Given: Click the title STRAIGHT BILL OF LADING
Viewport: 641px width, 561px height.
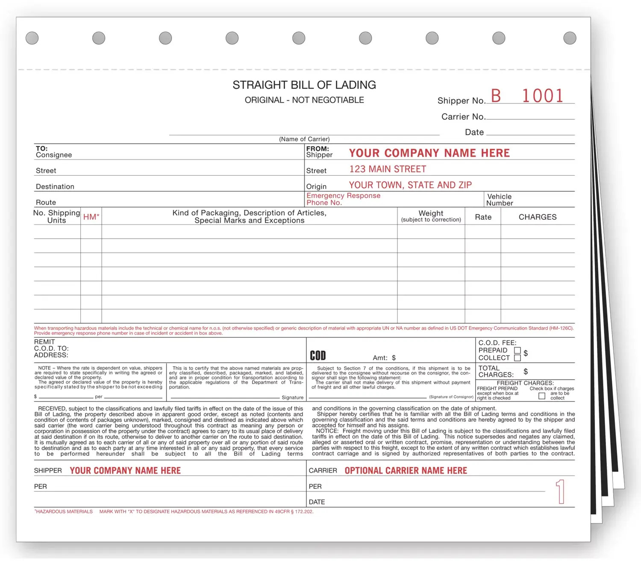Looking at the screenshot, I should click(x=304, y=85).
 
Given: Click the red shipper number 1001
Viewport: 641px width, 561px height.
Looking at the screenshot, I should click(x=542, y=96).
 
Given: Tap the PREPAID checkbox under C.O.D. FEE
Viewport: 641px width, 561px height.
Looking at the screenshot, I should click(x=517, y=350).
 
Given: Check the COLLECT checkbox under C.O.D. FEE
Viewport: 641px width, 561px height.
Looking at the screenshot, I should click(x=517, y=358).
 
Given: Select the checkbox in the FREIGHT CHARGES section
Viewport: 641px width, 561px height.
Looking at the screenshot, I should click(x=541, y=396).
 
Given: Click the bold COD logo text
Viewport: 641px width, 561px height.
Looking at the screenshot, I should click(x=318, y=356).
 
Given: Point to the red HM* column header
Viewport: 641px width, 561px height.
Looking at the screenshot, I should click(x=91, y=217).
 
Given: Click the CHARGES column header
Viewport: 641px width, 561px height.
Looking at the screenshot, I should click(x=537, y=217).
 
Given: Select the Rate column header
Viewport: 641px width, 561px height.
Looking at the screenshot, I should click(x=483, y=217).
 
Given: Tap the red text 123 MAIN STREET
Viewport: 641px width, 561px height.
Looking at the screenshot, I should click(x=388, y=169).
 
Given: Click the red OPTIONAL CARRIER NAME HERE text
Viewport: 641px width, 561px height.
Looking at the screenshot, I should click(x=406, y=470).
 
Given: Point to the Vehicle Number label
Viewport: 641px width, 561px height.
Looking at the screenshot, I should click(x=500, y=200).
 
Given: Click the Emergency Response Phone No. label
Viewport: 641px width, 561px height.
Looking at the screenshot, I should click(x=343, y=199).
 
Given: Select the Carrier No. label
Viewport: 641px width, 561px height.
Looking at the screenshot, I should click(x=463, y=117).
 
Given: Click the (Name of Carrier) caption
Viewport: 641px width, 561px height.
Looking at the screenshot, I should click(x=304, y=139).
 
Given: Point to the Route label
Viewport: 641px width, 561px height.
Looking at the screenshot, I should click(x=46, y=202).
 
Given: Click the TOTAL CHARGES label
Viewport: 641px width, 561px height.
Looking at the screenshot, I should click(x=496, y=371).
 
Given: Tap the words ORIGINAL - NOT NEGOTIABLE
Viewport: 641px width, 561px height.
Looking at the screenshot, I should click(x=304, y=100).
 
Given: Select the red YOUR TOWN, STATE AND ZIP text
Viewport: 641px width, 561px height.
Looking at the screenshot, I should click(x=410, y=185).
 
